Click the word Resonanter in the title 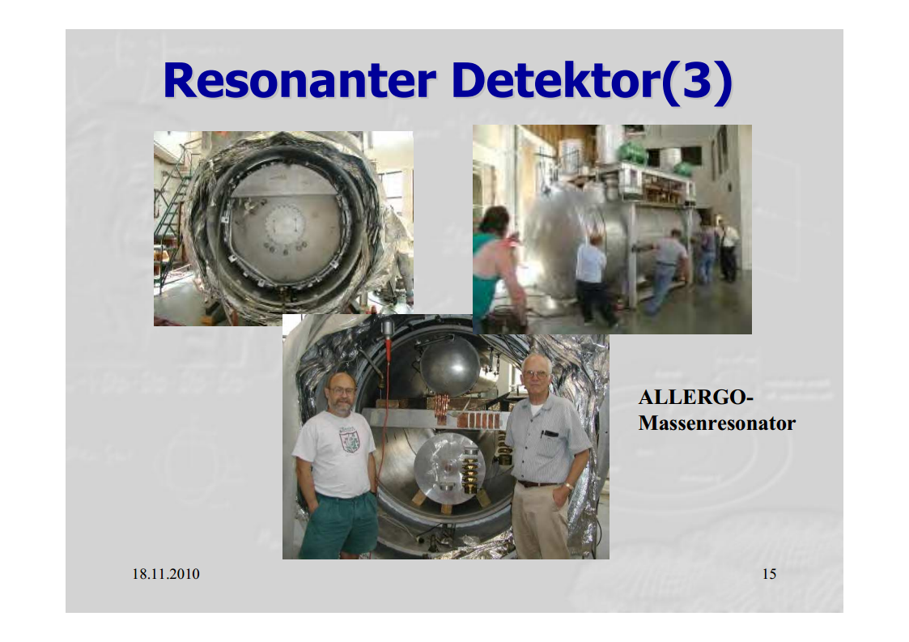(x=299, y=80)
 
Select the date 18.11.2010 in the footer (x=166, y=573)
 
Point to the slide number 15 (x=769, y=573)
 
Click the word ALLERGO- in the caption (x=695, y=398)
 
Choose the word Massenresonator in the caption (x=717, y=423)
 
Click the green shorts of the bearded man (x=340, y=522)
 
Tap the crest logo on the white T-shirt (x=349, y=439)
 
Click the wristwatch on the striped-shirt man (x=569, y=487)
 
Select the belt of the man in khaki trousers (x=538, y=483)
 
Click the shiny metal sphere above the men (x=450, y=368)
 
